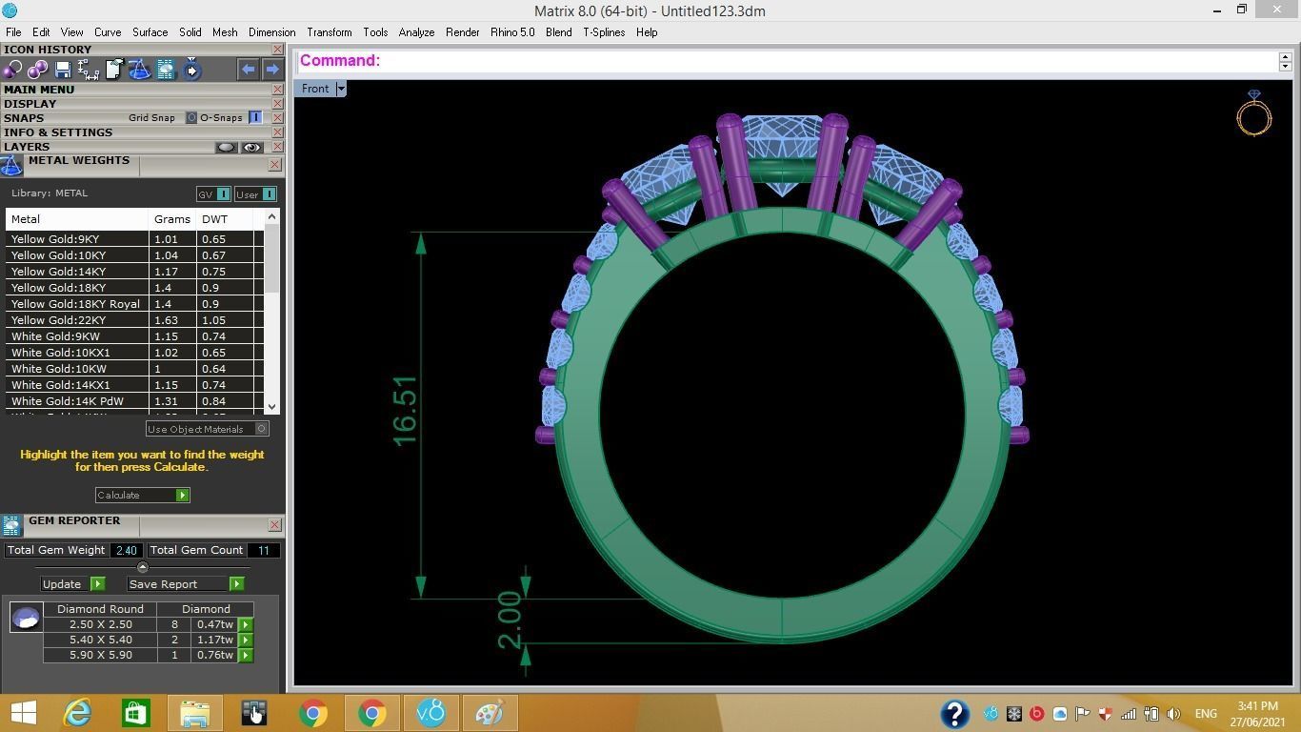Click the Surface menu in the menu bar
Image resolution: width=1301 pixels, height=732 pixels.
pyautogui.click(x=150, y=32)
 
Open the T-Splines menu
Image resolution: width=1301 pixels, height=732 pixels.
pyautogui.click(x=604, y=32)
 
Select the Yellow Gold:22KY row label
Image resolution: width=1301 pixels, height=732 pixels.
pyautogui.click(x=58, y=320)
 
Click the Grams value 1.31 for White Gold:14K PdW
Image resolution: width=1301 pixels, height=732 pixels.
pyautogui.click(x=166, y=401)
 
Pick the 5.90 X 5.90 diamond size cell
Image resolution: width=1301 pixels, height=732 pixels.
pyautogui.click(x=100, y=656)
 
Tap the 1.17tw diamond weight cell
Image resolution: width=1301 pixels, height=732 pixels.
pyautogui.click(x=214, y=640)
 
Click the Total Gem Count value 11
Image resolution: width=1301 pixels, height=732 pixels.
pyautogui.click(x=263, y=550)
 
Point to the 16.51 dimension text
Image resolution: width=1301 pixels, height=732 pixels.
pyautogui.click(x=405, y=410)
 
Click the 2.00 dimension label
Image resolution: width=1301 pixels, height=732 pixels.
pyautogui.click(x=510, y=620)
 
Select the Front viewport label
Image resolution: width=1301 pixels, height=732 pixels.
pyautogui.click(x=315, y=89)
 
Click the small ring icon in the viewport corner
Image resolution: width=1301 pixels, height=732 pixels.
pyautogui.click(x=1253, y=113)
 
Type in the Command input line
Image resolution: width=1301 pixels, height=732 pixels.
pyautogui.click(x=829, y=61)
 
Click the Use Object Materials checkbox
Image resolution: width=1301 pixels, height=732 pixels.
pyautogui.click(x=261, y=429)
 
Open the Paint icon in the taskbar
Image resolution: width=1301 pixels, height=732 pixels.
pyautogui.click(x=489, y=713)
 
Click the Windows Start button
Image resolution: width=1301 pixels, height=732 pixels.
pyautogui.click(x=23, y=713)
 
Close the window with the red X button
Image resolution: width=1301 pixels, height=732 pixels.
pyautogui.click(x=1277, y=10)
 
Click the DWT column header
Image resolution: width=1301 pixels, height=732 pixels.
pyautogui.click(x=214, y=219)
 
